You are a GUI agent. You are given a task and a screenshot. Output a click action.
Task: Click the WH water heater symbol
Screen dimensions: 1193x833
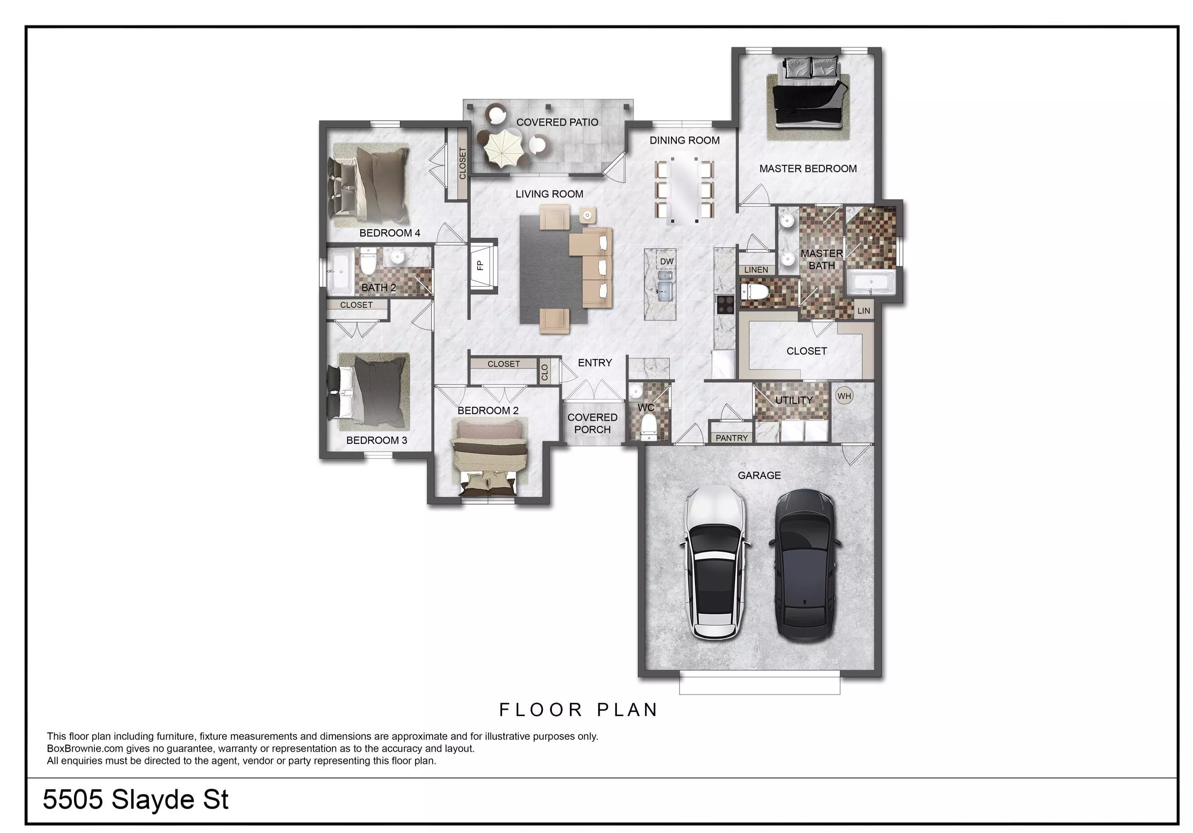844,396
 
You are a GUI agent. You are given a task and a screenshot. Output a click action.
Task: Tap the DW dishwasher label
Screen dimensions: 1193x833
666,261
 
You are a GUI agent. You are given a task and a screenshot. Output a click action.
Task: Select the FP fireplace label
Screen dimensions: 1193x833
480,265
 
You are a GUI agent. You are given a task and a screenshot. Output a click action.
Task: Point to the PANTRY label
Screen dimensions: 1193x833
732,438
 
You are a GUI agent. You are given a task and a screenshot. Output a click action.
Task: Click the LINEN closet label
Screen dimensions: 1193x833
756,269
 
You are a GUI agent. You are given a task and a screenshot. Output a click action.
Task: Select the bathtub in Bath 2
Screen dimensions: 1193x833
340,271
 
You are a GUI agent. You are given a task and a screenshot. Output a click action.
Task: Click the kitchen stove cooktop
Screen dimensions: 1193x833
725,304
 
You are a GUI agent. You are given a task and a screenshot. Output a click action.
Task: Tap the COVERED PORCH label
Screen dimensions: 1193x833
592,423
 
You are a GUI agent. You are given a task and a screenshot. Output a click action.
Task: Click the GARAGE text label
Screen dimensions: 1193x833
759,475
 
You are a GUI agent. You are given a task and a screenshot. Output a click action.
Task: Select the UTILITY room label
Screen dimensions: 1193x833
794,400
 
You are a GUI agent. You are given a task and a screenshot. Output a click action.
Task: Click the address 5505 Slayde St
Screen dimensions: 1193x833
135,800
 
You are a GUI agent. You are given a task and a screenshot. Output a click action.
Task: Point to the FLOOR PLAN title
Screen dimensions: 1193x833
579,710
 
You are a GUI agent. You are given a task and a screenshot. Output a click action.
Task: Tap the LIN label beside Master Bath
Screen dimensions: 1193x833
863,310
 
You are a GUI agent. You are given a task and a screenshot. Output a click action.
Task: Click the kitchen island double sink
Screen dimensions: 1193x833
665,285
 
